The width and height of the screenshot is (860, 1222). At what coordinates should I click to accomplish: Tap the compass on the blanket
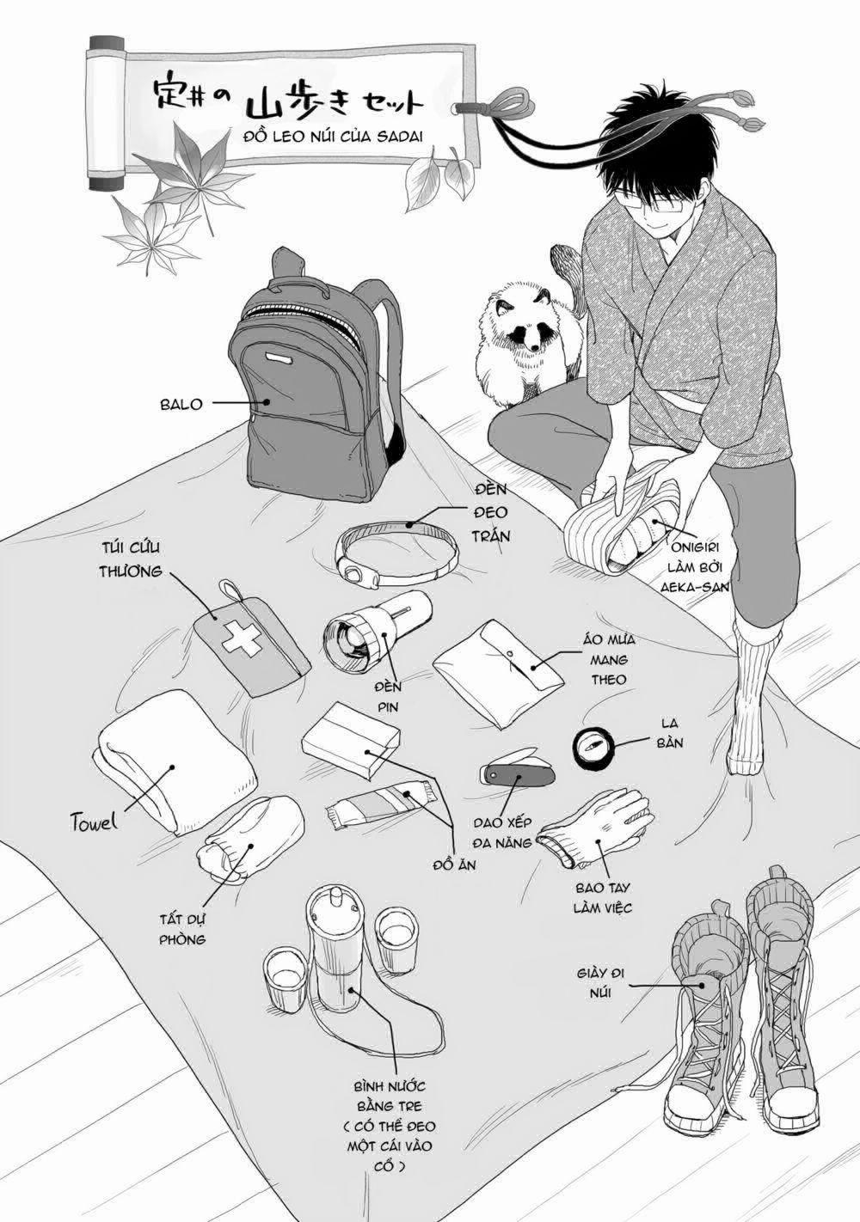pos(592,747)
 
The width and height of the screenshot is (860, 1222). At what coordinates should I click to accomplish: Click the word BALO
pos(181,404)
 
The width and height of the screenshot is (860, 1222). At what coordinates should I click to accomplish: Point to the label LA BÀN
pos(671,733)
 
